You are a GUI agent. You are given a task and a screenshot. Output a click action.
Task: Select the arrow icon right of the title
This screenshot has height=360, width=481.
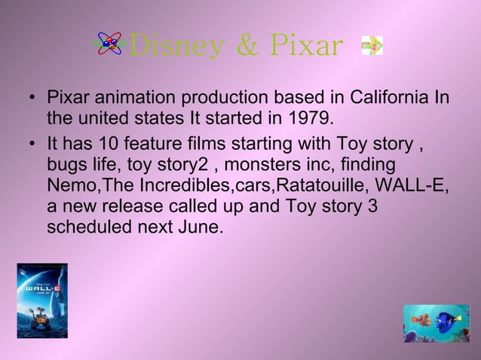click(x=372, y=46)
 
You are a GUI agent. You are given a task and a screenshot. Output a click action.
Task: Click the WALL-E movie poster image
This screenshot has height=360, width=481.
click(x=42, y=301)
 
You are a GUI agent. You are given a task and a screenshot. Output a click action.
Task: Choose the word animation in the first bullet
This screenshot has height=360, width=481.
click(x=126, y=99)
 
